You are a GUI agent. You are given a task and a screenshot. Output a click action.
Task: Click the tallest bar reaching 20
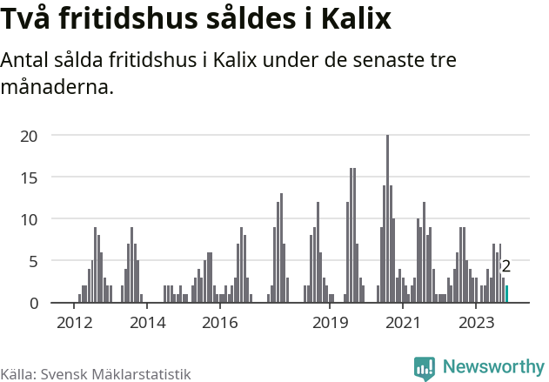click(387, 219)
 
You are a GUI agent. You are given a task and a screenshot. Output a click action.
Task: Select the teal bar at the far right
click(507, 294)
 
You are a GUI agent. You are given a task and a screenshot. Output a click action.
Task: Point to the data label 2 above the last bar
click(505, 267)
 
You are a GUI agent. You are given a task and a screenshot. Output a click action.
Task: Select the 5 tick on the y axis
click(34, 261)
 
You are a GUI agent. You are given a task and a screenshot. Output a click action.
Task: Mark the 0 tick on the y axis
click(34, 303)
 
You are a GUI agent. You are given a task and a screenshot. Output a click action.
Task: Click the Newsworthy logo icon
click(425, 368)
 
